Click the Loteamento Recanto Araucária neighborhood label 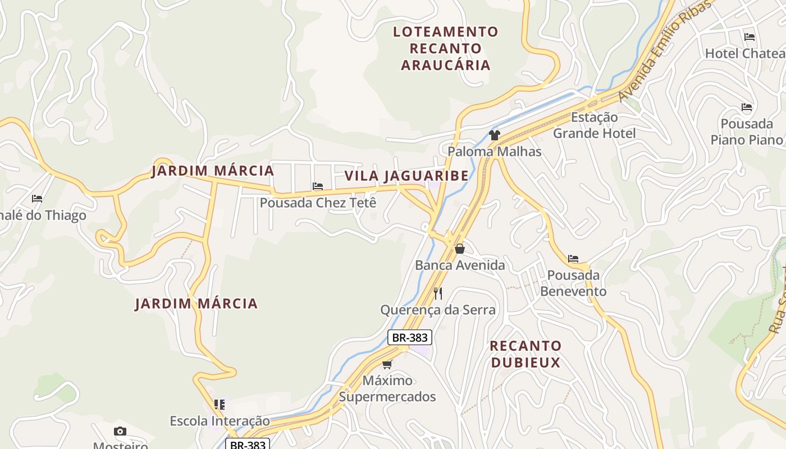(445, 48)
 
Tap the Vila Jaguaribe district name (406, 176)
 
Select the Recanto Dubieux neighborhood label (525, 354)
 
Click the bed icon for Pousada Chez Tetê (318, 186)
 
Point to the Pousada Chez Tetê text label (318, 203)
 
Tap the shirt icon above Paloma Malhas (494, 135)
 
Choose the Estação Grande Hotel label (595, 125)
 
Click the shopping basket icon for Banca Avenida (460, 249)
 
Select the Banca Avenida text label (460, 265)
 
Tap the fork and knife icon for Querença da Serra (438, 293)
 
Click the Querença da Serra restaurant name (438, 310)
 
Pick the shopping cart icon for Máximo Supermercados (387, 364)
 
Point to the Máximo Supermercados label (387, 388)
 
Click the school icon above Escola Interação (220, 404)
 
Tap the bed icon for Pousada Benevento (573, 259)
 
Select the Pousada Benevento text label (573, 283)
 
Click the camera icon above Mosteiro (120, 431)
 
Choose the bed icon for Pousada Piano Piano (746, 107)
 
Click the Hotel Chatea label (745, 53)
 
